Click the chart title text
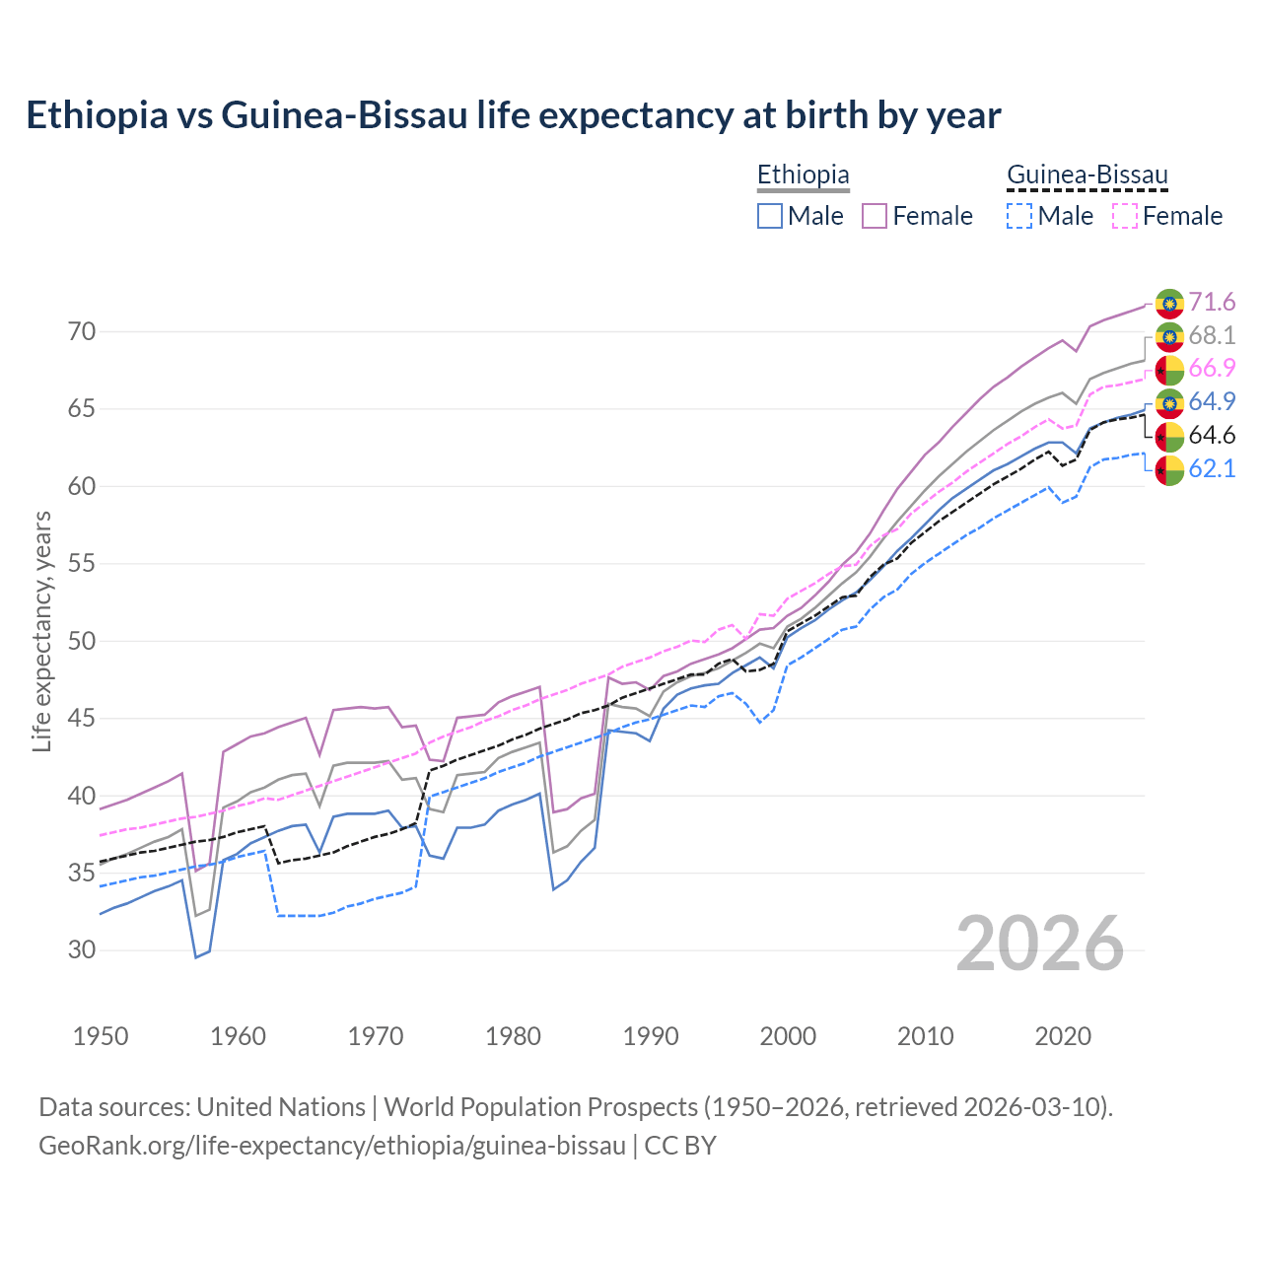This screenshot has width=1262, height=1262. [513, 115]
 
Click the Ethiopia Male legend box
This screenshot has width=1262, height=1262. [770, 216]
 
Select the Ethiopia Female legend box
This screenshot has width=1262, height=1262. [875, 216]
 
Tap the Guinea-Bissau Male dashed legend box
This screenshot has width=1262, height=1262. [1019, 216]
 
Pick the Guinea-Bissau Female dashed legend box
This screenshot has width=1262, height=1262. [1124, 216]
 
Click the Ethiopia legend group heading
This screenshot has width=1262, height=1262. [803, 175]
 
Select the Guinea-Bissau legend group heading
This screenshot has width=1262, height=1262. [1087, 175]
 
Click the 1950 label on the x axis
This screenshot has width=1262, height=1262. [101, 1036]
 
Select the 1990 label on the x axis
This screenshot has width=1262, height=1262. [651, 1036]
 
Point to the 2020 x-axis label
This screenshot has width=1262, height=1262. [1063, 1036]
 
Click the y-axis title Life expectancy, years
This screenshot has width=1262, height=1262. [41, 631]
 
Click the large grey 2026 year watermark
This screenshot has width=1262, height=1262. [1040, 944]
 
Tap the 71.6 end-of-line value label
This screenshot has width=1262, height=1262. [1212, 302]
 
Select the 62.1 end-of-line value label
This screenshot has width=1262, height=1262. [1212, 468]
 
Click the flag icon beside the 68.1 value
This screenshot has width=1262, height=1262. [1169, 336]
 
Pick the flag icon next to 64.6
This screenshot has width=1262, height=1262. [1169, 436]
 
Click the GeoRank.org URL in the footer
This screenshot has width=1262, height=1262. [332, 1146]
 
